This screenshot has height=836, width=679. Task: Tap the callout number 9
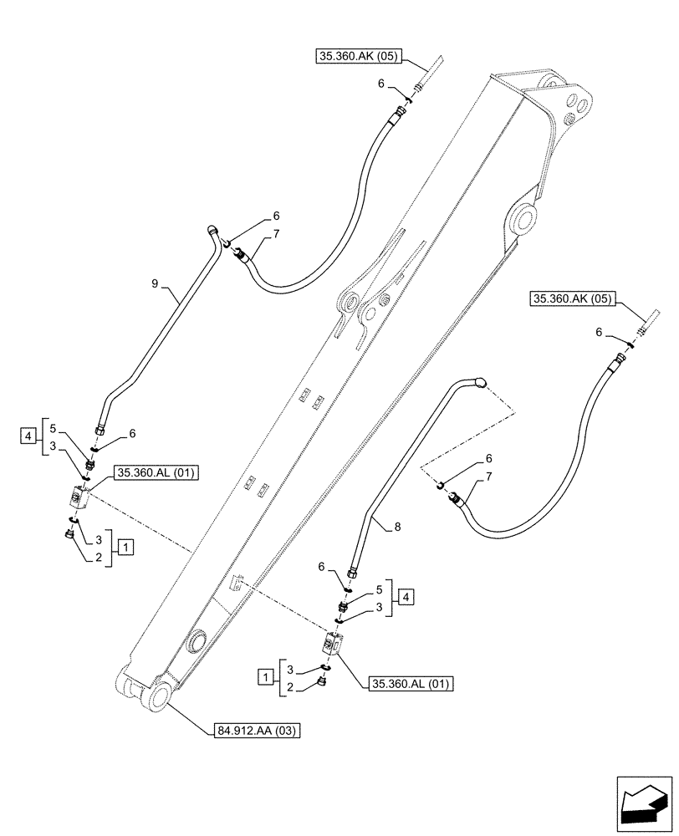(156, 284)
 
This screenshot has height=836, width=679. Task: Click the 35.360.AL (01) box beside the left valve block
(156, 473)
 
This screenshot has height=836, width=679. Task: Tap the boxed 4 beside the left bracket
(27, 436)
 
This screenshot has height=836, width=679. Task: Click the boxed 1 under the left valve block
(124, 548)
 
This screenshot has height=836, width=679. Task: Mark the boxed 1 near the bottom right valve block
(266, 675)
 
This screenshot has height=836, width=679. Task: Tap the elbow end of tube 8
(478, 382)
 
